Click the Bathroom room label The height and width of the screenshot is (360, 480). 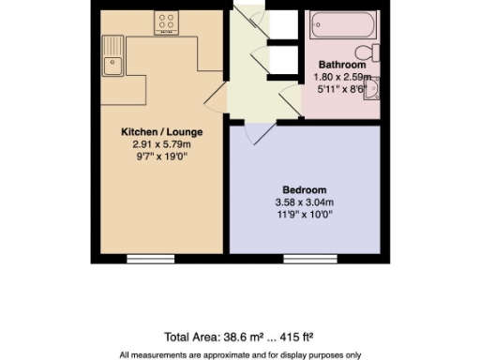(x=342, y=66)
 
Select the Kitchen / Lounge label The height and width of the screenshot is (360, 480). (x=161, y=132)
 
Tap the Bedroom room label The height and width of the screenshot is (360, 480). (x=306, y=187)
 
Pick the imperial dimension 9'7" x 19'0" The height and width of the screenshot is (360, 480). (x=161, y=157)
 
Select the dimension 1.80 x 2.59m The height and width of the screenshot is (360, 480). (x=342, y=78)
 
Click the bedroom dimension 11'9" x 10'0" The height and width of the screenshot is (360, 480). (x=306, y=214)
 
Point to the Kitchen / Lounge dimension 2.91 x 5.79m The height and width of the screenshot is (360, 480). (x=161, y=145)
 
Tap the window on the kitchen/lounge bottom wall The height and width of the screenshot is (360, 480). (x=150, y=257)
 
